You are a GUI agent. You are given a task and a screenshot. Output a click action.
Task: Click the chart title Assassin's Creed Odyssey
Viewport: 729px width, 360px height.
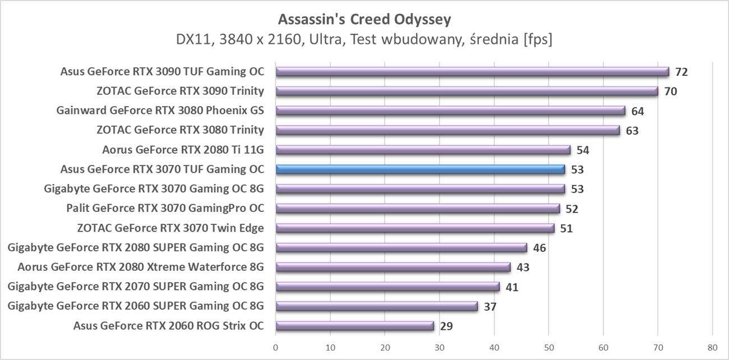[364, 20]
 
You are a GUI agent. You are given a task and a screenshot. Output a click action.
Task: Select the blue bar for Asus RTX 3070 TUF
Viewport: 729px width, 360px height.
[421, 169]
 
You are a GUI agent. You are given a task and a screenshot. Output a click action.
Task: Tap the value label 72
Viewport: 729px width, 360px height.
[681, 72]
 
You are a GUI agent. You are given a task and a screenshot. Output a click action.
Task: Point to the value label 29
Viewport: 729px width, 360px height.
[446, 326]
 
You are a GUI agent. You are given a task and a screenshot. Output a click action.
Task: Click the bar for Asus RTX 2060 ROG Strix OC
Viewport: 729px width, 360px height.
[354, 326]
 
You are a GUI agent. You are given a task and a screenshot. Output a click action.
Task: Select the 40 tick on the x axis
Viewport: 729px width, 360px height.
[494, 348]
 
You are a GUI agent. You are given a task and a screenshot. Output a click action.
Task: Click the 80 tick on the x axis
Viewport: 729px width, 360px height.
[712, 348]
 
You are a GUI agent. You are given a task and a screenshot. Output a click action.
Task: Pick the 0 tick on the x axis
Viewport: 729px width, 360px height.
[276, 348]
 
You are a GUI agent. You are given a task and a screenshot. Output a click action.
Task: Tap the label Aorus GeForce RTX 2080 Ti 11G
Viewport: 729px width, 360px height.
[183, 150]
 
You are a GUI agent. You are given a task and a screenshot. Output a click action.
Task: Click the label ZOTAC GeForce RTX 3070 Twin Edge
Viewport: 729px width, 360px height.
[170, 228]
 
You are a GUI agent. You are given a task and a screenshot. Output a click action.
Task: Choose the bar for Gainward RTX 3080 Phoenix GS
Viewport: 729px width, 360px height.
[450, 111]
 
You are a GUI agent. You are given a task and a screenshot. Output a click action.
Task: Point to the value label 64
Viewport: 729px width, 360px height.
[638, 111]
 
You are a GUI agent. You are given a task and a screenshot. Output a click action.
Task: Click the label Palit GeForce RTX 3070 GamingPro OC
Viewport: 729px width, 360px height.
[165, 209]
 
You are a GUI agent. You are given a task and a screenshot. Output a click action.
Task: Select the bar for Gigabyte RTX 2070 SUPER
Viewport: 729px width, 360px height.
[387, 287]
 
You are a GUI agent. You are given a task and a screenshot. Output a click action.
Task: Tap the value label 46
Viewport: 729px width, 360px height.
[539, 248]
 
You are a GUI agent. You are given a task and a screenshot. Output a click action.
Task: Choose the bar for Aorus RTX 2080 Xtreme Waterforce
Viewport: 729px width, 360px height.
[393, 267]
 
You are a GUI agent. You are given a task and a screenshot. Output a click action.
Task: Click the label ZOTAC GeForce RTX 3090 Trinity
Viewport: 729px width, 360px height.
[180, 91]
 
